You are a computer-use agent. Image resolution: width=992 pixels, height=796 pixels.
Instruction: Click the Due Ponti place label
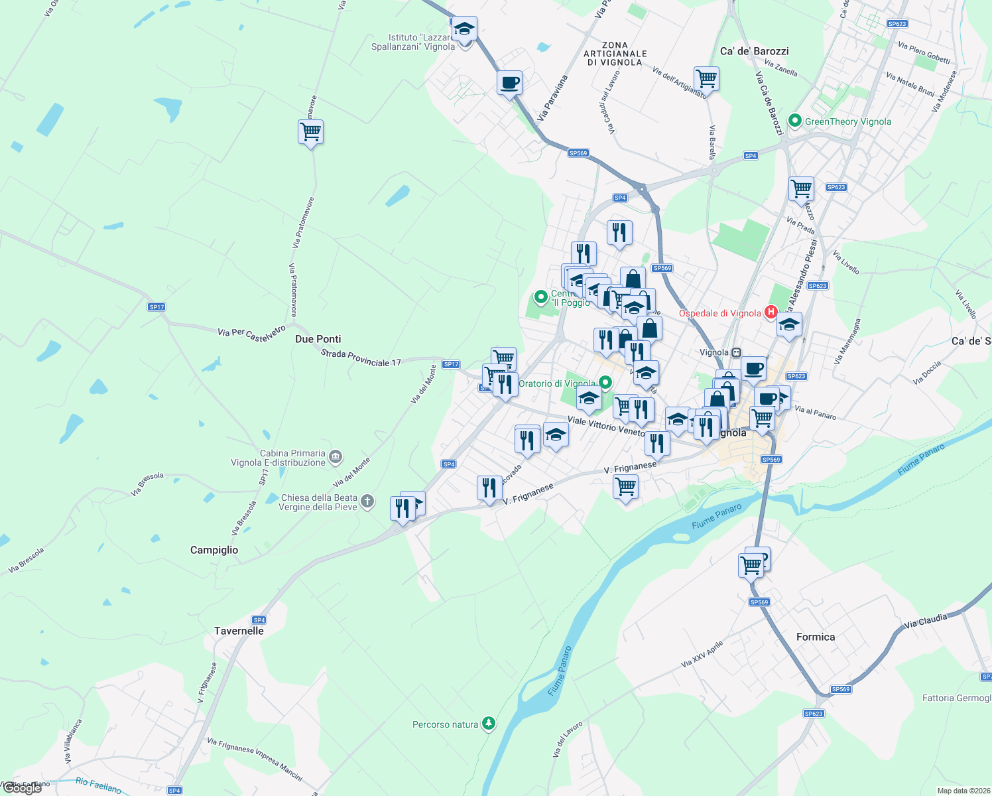[x=318, y=339]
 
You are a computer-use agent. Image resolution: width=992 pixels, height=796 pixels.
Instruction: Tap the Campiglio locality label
[x=214, y=550]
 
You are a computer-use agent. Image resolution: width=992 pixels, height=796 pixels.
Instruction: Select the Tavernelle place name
[x=239, y=631]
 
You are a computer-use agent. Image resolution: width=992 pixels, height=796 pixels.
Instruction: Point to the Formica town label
[x=816, y=637]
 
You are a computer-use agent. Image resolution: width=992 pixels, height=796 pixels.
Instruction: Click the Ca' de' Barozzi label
[x=755, y=51]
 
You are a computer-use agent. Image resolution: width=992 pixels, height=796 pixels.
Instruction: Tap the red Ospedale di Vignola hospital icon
[x=771, y=311]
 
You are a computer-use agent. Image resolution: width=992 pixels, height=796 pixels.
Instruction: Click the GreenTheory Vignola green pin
[x=794, y=121]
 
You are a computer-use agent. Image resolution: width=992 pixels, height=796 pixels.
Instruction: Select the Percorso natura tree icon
[x=489, y=723]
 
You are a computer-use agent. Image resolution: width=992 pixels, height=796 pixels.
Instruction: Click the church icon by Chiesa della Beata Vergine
[x=367, y=501]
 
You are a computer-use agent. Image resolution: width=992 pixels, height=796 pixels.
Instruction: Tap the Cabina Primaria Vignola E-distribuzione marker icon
[x=336, y=456]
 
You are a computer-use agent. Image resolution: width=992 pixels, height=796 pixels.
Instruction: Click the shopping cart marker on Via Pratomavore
[x=310, y=132]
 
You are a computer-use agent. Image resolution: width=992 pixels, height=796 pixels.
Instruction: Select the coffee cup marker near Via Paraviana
[x=509, y=83]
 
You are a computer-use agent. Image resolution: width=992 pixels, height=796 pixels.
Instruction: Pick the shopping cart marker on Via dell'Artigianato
[x=706, y=79]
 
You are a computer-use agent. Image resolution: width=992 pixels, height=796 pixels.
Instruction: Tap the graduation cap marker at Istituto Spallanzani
[x=465, y=29]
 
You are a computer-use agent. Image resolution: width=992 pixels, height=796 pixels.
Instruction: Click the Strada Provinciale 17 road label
[x=361, y=358]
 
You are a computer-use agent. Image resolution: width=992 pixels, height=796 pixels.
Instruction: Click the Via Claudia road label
[x=926, y=621]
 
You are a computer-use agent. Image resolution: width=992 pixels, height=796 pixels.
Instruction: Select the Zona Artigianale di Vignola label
[x=615, y=54]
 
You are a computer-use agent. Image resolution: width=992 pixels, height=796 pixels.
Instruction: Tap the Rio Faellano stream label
[x=98, y=785]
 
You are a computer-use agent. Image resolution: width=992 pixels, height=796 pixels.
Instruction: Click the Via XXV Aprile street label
[x=702, y=654]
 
